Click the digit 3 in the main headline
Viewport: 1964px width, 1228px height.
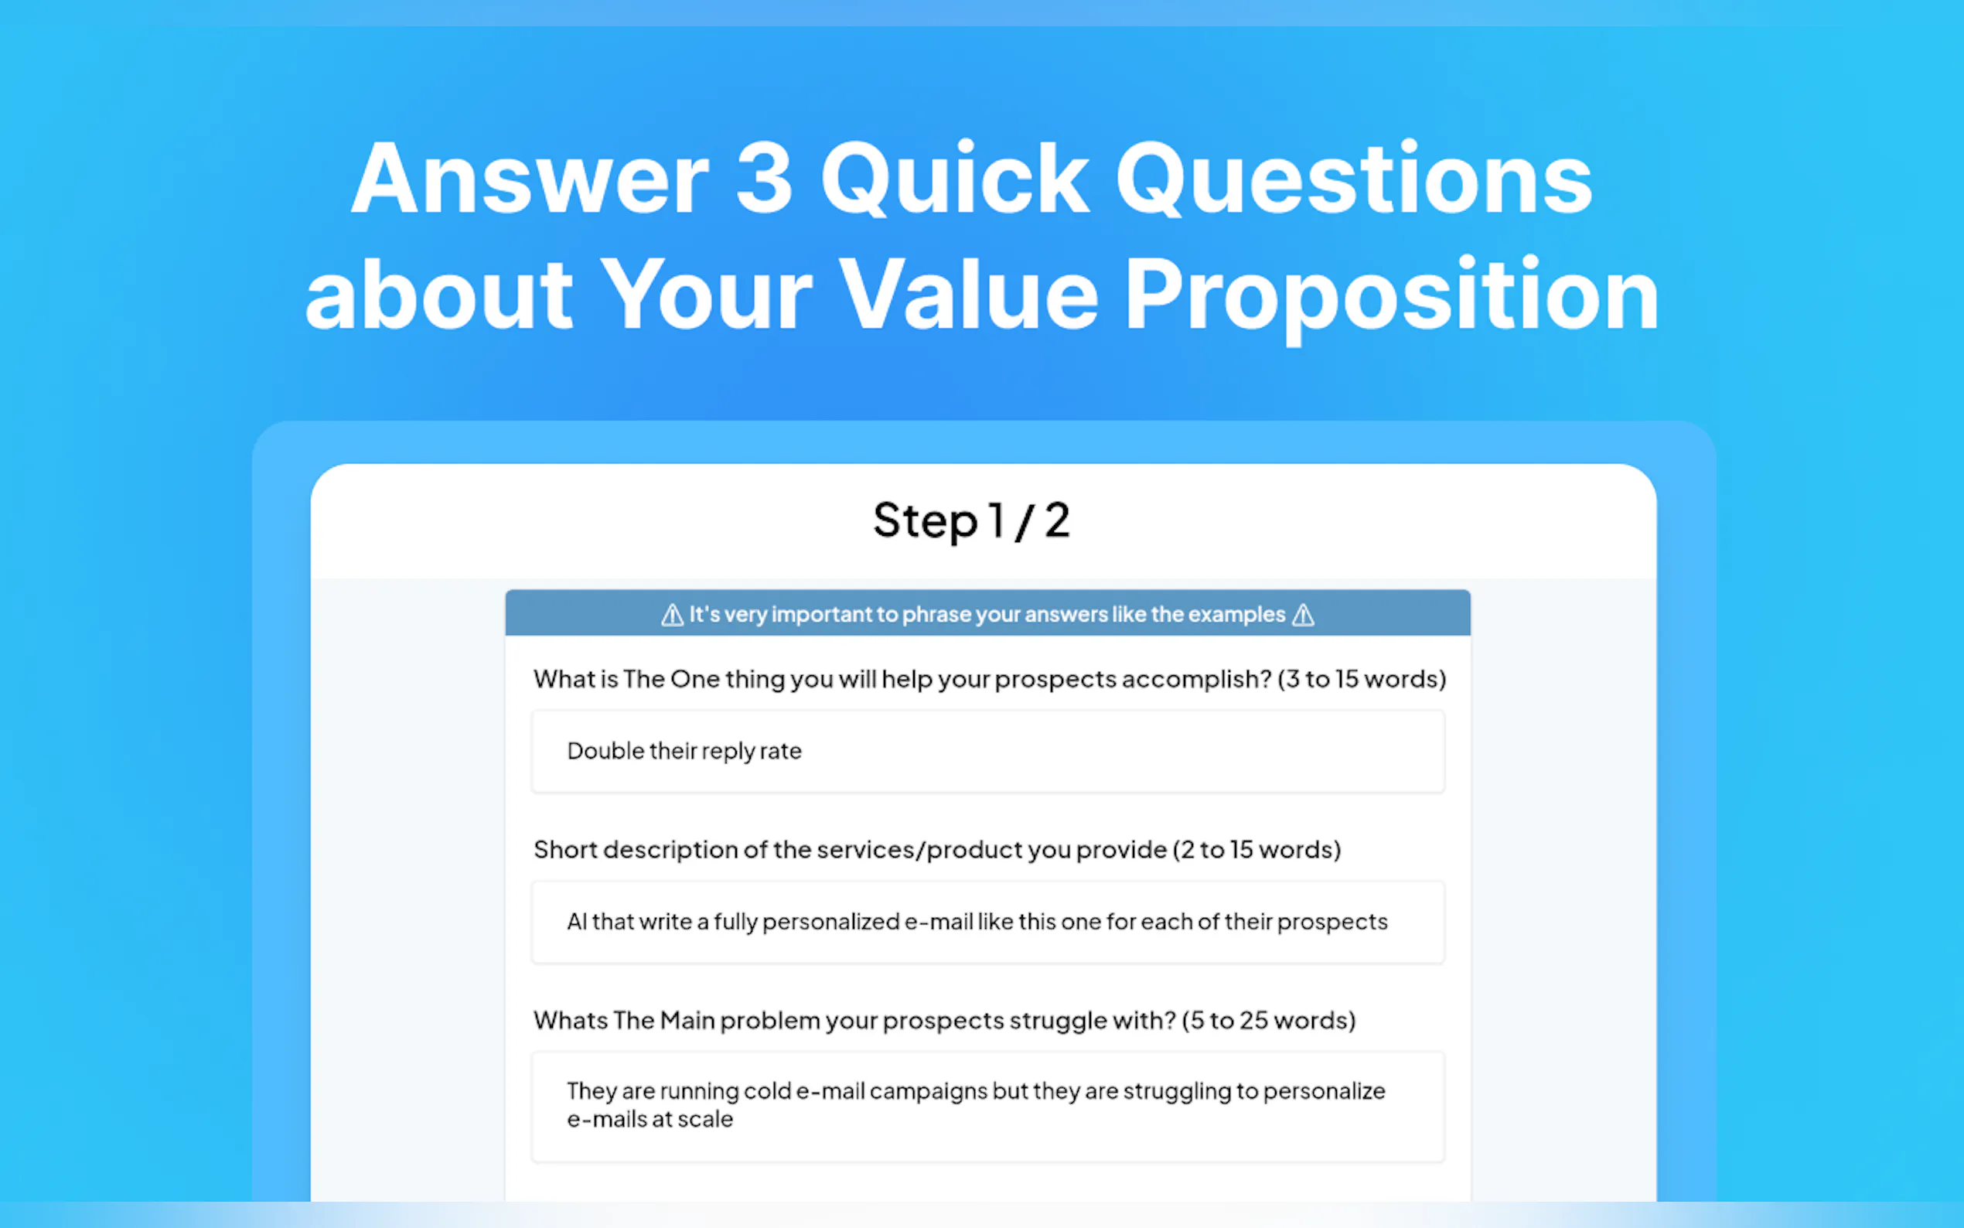[764, 178]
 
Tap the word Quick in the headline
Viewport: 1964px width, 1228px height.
[955, 178]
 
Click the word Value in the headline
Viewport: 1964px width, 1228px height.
[969, 293]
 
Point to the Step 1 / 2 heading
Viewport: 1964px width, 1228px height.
[972, 520]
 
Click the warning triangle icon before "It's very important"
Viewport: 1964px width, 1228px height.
[672, 615]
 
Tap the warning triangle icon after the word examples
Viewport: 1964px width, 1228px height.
[1303, 615]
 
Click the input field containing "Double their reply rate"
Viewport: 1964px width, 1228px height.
[988, 751]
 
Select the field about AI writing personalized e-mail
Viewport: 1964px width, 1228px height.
[988, 922]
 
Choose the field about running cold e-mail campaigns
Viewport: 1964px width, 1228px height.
[988, 1106]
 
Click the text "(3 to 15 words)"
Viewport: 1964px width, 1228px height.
[1362, 679]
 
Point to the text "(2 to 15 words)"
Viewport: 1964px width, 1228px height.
[1256, 850]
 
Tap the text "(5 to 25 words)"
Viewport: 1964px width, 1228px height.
[1268, 1020]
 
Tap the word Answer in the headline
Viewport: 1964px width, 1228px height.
[530, 179]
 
